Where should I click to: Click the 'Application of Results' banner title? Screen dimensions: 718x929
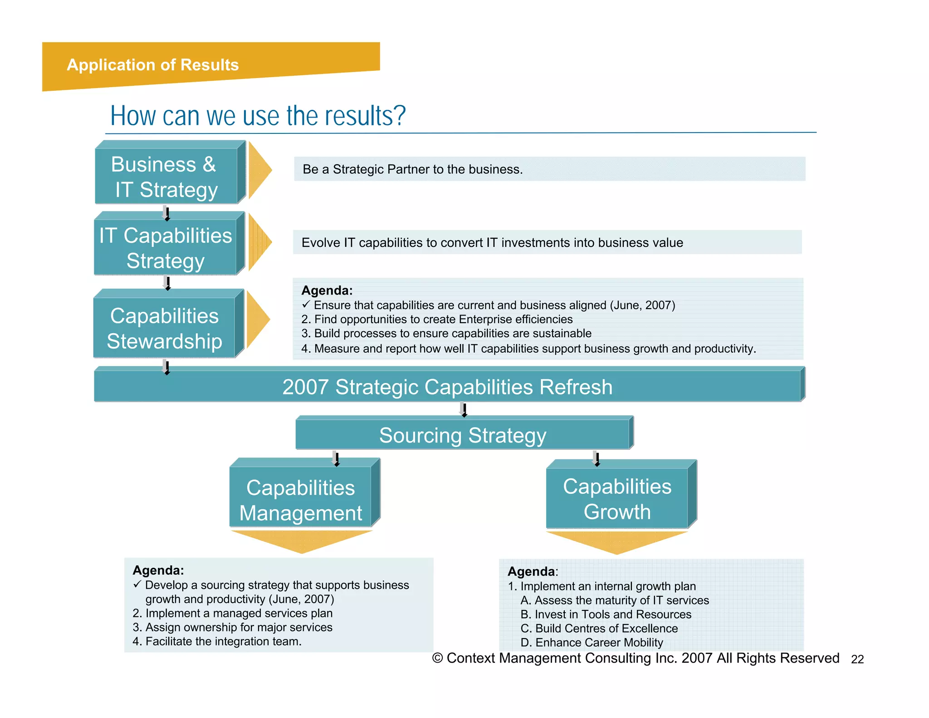152,65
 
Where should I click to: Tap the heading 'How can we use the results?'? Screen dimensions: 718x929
258,116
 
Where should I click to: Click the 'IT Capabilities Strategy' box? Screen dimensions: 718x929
166,247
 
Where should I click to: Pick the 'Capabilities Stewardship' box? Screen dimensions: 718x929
164,328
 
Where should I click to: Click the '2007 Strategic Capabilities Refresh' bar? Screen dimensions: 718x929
447,387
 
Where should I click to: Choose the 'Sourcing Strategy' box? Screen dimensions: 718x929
463,435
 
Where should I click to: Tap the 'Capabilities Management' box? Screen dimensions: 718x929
301,500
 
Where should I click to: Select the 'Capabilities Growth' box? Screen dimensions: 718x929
617,499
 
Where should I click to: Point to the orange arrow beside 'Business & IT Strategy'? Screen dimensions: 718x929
259,170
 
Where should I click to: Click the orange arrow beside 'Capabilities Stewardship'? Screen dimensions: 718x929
258,319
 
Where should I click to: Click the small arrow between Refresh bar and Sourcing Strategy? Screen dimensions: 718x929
464,409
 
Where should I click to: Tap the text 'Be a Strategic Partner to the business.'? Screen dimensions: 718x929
412,169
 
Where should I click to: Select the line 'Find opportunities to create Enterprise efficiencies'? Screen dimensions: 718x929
443,320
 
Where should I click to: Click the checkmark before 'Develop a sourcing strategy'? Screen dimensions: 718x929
137,585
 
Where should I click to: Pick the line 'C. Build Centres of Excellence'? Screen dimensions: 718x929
599,629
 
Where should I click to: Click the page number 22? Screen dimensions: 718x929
857,659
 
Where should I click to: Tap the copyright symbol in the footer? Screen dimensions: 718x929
437,658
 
